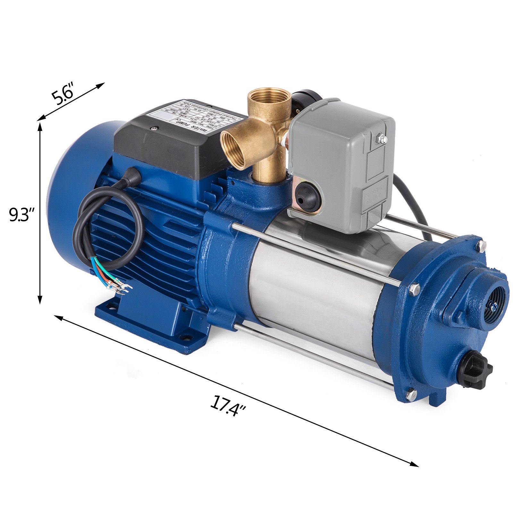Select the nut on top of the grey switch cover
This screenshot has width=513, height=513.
coord(382,139)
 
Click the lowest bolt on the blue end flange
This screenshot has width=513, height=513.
coord(411,393)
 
